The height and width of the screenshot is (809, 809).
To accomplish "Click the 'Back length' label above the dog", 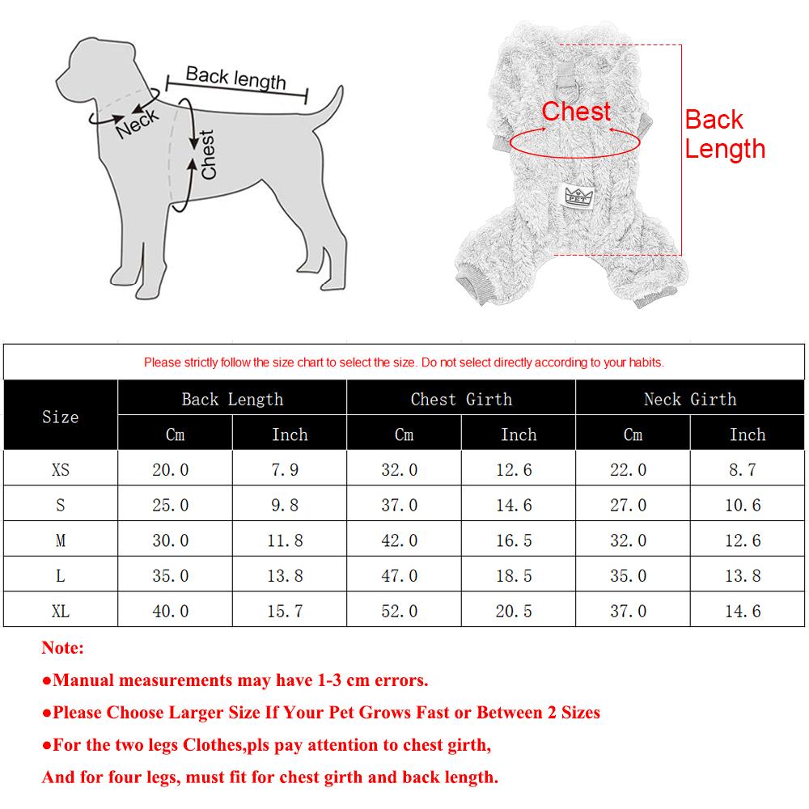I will coord(235,78).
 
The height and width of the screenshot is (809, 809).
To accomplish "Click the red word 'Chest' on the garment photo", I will coord(576,112).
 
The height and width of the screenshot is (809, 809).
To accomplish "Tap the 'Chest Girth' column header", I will coord(461,399).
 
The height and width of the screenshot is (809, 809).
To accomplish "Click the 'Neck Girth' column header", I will coord(690,399).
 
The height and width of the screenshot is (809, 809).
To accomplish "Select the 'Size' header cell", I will coord(61,417).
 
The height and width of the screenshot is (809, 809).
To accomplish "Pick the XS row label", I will coord(61,469).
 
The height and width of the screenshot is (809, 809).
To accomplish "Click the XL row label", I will coord(61,611).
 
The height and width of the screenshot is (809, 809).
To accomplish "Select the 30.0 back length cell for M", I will coord(171,540).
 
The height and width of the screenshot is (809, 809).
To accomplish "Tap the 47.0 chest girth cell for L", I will coord(400,576).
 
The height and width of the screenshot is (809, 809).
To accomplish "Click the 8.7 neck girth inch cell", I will coord(743,469).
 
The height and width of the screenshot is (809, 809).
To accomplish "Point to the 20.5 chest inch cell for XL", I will coord(515,611).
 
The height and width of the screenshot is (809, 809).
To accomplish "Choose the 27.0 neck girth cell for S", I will coord(629,505).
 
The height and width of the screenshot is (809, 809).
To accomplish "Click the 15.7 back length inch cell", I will coord(286,611).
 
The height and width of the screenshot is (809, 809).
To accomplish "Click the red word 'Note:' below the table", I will coord(62,648).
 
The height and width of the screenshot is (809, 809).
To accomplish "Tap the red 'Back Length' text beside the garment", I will coord(724,134).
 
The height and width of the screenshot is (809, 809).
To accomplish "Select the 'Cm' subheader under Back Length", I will coord(175,434).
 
